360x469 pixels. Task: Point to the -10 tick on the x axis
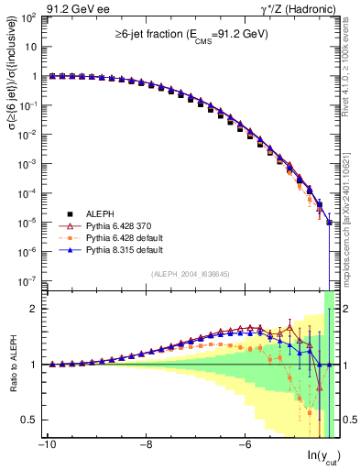(47, 445)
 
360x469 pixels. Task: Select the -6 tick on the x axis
(245, 445)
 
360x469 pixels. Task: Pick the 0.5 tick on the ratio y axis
(34, 420)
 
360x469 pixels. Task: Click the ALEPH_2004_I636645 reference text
(190, 274)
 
